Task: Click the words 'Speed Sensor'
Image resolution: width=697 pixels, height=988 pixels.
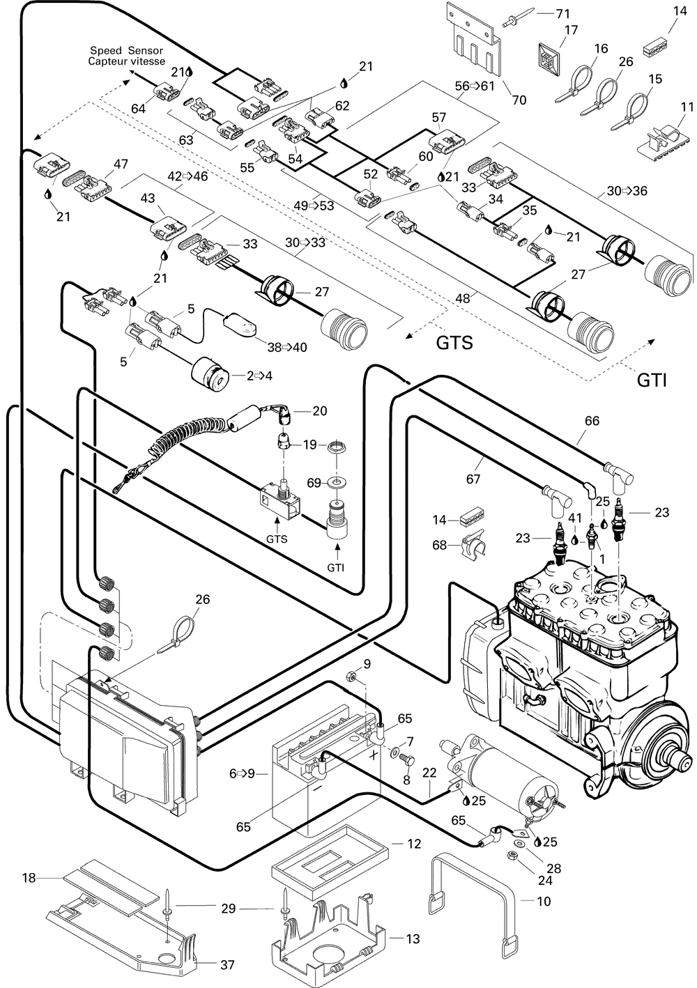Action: tap(127, 51)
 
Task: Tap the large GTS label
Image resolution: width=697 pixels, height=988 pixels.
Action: tap(454, 343)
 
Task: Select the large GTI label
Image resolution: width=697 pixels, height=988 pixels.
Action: tap(652, 380)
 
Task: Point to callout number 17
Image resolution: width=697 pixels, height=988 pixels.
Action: tap(571, 31)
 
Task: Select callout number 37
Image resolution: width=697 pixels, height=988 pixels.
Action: tap(227, 965)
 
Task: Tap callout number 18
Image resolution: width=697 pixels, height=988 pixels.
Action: tap(29, 878)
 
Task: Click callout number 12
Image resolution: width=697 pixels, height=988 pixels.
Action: tap(414, 844)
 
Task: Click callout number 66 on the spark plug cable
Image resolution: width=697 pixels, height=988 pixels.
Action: tap(592, 421)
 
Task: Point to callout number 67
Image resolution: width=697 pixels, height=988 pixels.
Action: tap(473, 479)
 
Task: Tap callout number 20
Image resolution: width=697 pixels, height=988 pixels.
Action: tap(319, 411)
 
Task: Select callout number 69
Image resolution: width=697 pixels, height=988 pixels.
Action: tap(314, 483)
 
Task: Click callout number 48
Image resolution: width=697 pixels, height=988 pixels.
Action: tap(464, 299)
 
